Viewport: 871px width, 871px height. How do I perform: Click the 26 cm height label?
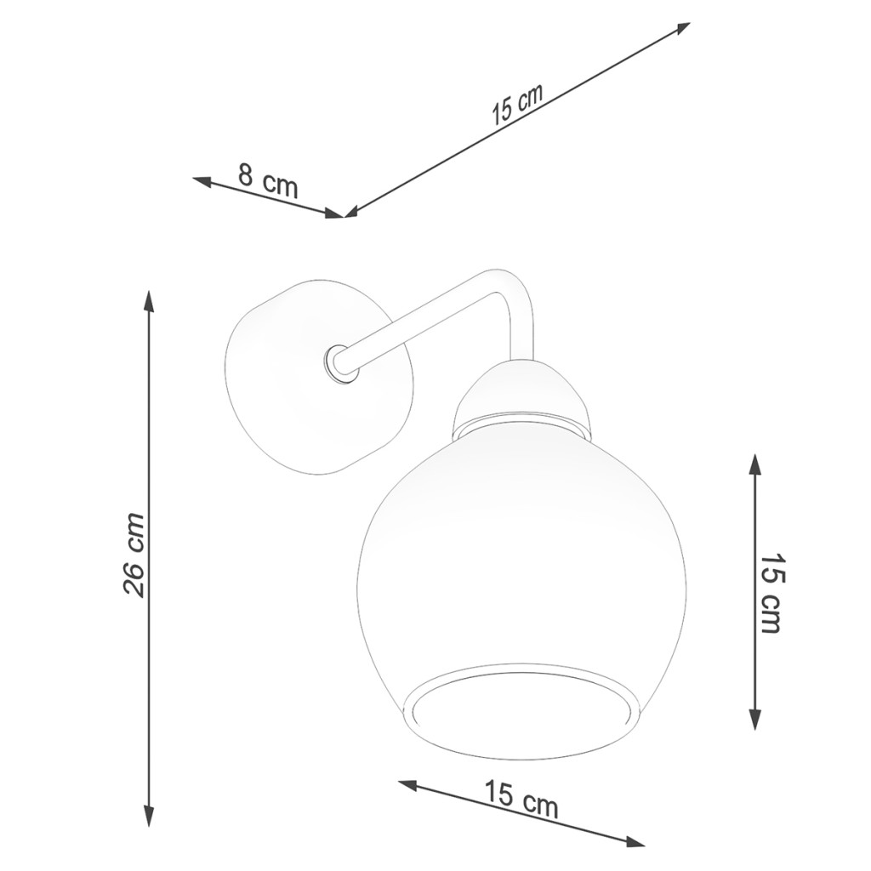click(x=134, y=555)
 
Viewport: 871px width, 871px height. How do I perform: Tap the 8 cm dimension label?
click(x=268, y=179)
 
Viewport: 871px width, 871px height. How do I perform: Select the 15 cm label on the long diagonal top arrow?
click(x=516, y=105)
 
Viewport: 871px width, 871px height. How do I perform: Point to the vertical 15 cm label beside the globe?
click(x=771, y=592)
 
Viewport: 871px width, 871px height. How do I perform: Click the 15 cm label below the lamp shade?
click(x=521, y=799)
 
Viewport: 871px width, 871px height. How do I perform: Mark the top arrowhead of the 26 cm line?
click(x=148, y=300)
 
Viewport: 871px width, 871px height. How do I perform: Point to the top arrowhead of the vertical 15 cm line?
click(x=754, y=464)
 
